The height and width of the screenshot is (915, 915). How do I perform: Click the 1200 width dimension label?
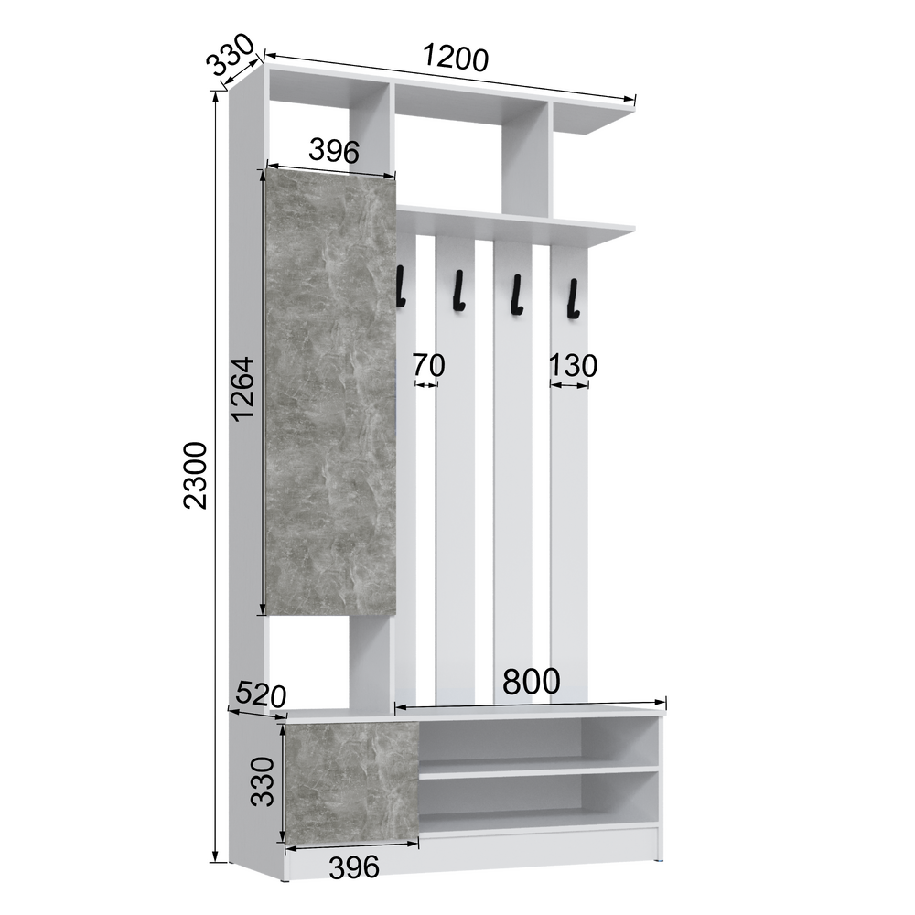pyautogui.click(x=455, y=59)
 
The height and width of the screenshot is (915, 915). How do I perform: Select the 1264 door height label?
pyautogui.click(x=242, y=389)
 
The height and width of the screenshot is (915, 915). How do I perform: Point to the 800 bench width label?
pyautogui.click(x=531, y=681)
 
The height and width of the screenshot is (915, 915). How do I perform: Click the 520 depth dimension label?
pyautogui.click(x=261, y=694)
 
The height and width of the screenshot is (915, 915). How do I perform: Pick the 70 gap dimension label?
pyautogui.click(x=428, y=365)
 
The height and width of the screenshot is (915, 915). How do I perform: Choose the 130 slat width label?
pyautogui.click(x=573, y=366)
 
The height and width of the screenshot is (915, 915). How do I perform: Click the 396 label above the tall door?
pyautogui.click(x=334, y=151)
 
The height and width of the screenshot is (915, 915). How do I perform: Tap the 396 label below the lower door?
pyautogui.click(x=354, y=867)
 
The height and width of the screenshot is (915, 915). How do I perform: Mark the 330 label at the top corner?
pyautogui.click(x=231, y=55)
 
